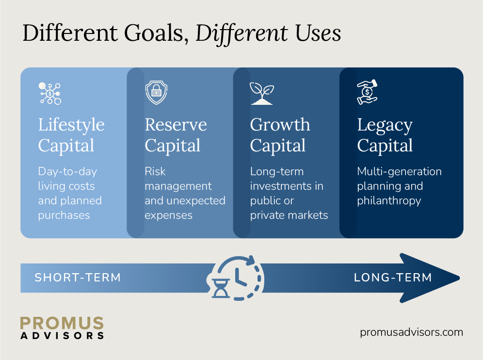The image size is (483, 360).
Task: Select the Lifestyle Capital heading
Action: click(71, 135)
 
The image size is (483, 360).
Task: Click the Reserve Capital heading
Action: click(176, 135)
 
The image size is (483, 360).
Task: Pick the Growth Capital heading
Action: click(280, 135)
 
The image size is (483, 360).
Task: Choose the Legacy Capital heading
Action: click(385, 135)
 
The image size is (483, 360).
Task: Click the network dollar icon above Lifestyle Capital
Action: click(49, 93)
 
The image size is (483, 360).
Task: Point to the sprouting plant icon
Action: click(261, 93)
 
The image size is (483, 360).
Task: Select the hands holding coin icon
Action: click(367, 93)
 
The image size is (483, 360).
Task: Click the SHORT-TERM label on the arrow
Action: click(78, 278)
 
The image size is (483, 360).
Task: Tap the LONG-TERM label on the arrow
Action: click(393, 278)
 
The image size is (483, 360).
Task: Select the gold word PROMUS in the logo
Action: click(62, 324)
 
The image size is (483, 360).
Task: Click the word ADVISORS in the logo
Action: click(62, 335)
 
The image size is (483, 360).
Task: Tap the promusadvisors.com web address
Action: click(412, 332)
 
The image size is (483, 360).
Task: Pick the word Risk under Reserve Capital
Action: click(155, 171)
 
